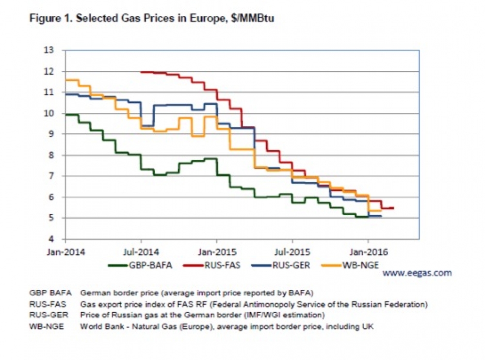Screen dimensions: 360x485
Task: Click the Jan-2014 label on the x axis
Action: [x=65, y=252]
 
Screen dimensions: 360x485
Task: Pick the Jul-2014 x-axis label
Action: [x=141, y=252]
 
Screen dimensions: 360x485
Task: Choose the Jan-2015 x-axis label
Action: [x=217, y=252]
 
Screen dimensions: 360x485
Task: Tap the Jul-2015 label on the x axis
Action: [x=292, y=252]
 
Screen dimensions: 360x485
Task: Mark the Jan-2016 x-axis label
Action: [x=368, y=252]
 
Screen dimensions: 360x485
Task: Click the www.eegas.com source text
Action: [x=417, y=273]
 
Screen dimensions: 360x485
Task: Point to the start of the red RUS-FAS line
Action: [x=141, y=72]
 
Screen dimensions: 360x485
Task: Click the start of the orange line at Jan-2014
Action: [x=66, y=79]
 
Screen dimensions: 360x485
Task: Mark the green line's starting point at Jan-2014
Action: [x=66, y=114]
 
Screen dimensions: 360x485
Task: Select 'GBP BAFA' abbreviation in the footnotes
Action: [x=50, y=293]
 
